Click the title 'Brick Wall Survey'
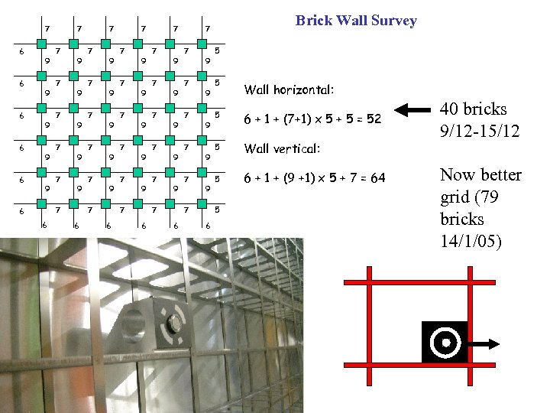tap(356, 21)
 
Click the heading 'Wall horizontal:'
tap(288, 89)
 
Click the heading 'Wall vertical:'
tap(281, 148)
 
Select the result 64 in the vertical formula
tap(377, 178)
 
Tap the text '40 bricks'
tap(473, 109)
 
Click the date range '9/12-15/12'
tap(480, 132)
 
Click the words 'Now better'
tap(480, 175)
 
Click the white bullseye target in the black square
tap(444, 342)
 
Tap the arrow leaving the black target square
tap(484, 342)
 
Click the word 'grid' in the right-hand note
tap(455, 197)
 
